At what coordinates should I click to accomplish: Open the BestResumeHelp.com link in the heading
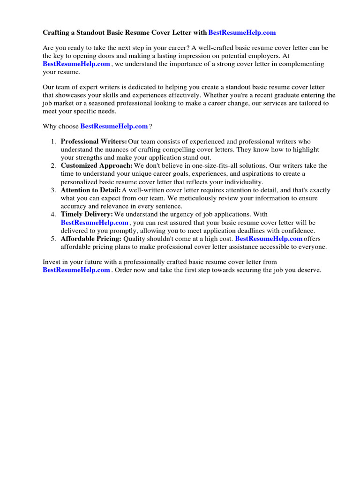click(x=242, y=33)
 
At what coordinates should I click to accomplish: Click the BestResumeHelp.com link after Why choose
click(x=114, y=127)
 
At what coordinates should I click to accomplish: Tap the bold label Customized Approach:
click(x=97, y=166)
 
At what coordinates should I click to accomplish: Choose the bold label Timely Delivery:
click(x=87, y=215)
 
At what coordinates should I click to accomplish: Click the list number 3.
click(x=53, y=190)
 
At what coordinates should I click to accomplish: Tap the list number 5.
click(x=53, y=239)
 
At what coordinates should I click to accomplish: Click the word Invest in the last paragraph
click(x=52, y=262)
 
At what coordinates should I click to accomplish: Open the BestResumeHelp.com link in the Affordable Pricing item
click(x=269, y=239)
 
